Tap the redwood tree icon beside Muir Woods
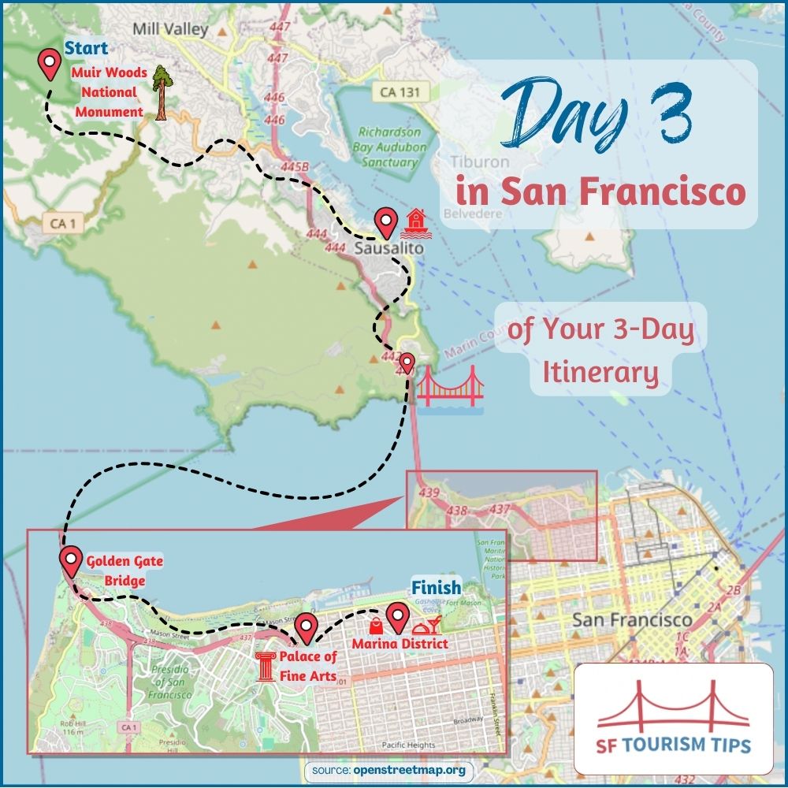click(161, 92)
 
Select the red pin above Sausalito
click(385, 222)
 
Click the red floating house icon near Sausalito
click(413, 223)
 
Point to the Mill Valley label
click(170, 29)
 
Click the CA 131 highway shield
click(399, 92)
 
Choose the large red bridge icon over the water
click(449, 389)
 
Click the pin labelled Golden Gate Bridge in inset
click(71, 562)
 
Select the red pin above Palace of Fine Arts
click(306, 627)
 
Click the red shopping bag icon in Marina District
click(377, 626)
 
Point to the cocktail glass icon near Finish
click(429, 627)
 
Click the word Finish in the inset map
click(436, 588)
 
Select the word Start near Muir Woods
click(87, 49)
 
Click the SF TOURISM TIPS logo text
click(673, 745)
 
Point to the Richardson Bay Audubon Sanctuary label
click(389, 147)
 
